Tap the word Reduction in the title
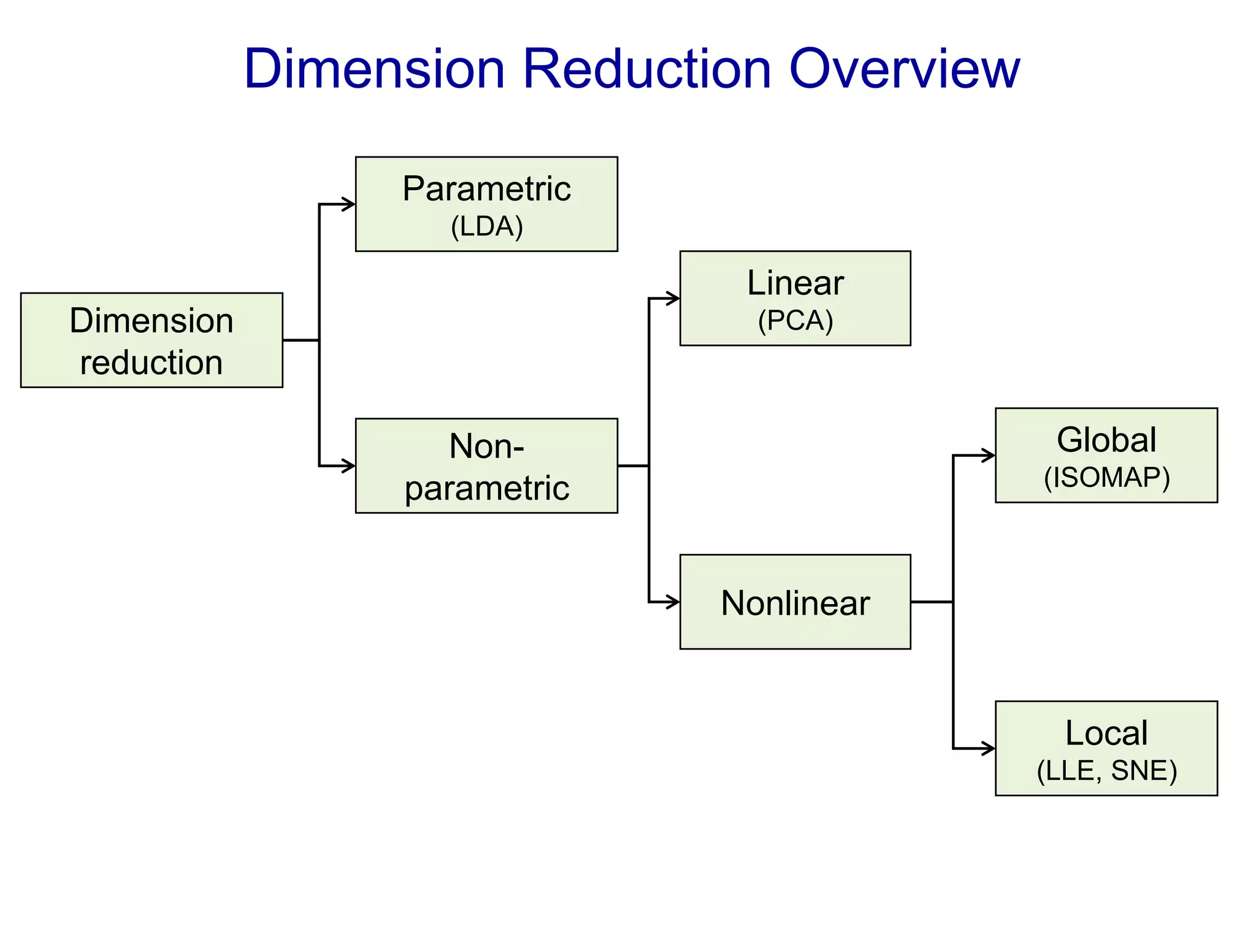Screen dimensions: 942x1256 click(x=646, y=69)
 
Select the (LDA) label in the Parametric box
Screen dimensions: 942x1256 click(x=486, y=227)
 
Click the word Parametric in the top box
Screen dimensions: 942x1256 click(x=486, y=188)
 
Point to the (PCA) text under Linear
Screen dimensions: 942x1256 click(x=795, y=321)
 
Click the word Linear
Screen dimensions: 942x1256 click(x=795, y=283)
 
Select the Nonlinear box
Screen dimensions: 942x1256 click(x=795, y=602)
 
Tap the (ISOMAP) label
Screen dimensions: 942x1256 click(x=1106, y=478)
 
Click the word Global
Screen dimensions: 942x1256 click(x=1106, y=440)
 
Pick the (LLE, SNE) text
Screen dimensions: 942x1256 click(x=1106, y=771)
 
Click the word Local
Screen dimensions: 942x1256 click(x=1106, y=733)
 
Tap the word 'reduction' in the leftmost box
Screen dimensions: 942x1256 click(x=151, y=362)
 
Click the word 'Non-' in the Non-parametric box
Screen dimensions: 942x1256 click(x=486, y=446)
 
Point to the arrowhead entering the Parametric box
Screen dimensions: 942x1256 click(x=349, y=204)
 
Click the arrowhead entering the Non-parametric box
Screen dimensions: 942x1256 click(x=349, y=466)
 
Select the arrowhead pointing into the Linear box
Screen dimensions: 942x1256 click(x=673, y=299)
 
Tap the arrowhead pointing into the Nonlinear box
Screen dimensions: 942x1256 click(x=673, y=602)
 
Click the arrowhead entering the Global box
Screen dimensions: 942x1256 click(x=989, y=456)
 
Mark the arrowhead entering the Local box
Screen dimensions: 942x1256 click(x=989, y=748)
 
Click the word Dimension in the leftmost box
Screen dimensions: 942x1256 click(x=151, y=321)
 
